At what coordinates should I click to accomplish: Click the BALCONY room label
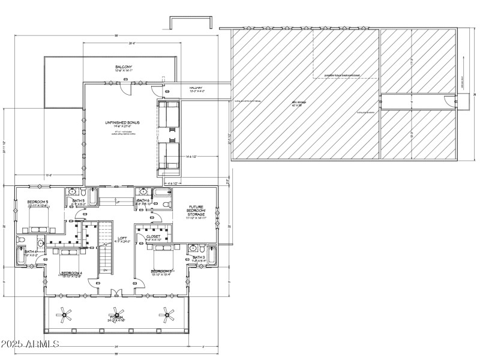[x=124, y=67]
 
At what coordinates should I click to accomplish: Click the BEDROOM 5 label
[x=37, y=202]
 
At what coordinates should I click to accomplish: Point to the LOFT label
[x=122, y=238]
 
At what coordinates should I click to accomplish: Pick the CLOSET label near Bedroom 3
[x=153, y=237]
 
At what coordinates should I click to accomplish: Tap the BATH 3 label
[x=199, y=258]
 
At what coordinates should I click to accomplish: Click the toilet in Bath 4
[x=22, y=240]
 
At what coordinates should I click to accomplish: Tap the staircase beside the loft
[x=106, y=246]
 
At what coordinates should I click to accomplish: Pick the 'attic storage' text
[x=299, y=103]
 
